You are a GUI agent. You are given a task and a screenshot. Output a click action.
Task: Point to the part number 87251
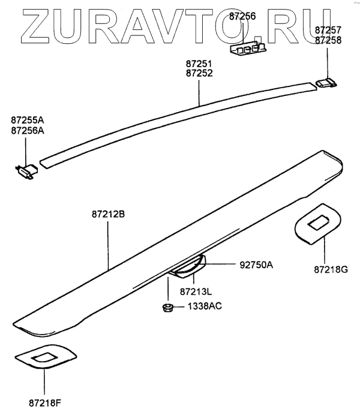point(199,63)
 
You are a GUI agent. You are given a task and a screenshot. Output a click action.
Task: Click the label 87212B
point(108,213)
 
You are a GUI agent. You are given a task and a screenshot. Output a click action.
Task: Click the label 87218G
point(331,270)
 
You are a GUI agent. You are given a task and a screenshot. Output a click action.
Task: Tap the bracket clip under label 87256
point(248,49)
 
